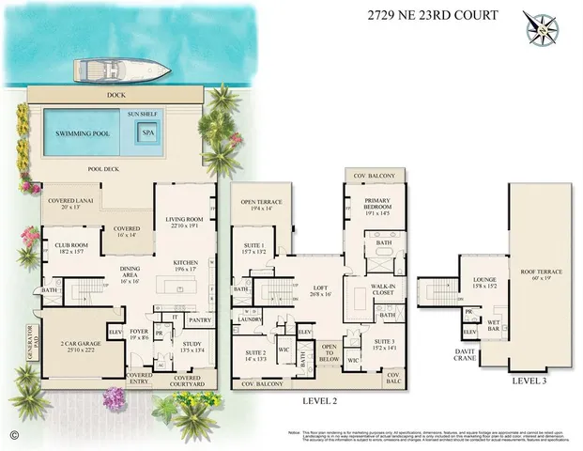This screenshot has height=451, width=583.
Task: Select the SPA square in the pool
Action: pos(147,133)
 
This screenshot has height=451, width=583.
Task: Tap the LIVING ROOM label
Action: pos(185,222)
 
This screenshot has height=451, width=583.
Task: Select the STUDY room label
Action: pos(192,347)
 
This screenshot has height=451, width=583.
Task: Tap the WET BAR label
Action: pos(492,326)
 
